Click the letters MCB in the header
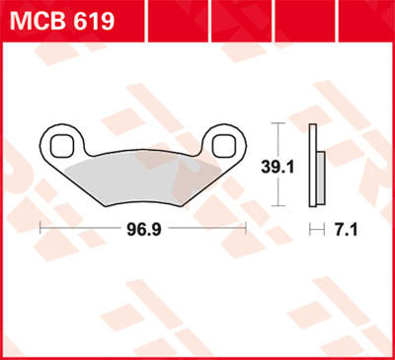point(34,20)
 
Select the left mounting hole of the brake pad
point(66,142)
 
